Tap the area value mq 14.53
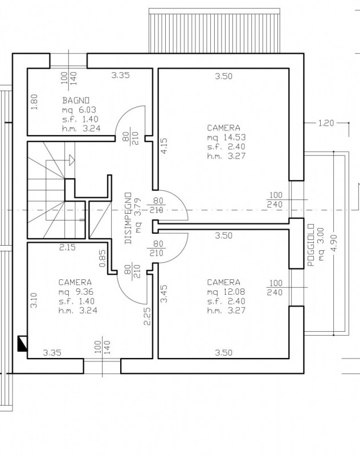(226, 137)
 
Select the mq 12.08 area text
(226, 291)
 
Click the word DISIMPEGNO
(128, 218)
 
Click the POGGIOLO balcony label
(311, 245)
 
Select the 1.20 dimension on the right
(326, 123)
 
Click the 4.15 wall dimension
(164, 146)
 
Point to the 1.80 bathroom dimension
(34, 102)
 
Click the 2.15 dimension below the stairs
(67, 247)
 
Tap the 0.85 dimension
(103, 259)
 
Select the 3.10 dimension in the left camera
(34, 300)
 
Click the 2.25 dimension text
(148, 316)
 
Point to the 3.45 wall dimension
(164, 294)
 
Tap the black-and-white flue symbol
(23, 344)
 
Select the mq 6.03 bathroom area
(79, 110)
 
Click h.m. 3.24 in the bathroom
(81, 129)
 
